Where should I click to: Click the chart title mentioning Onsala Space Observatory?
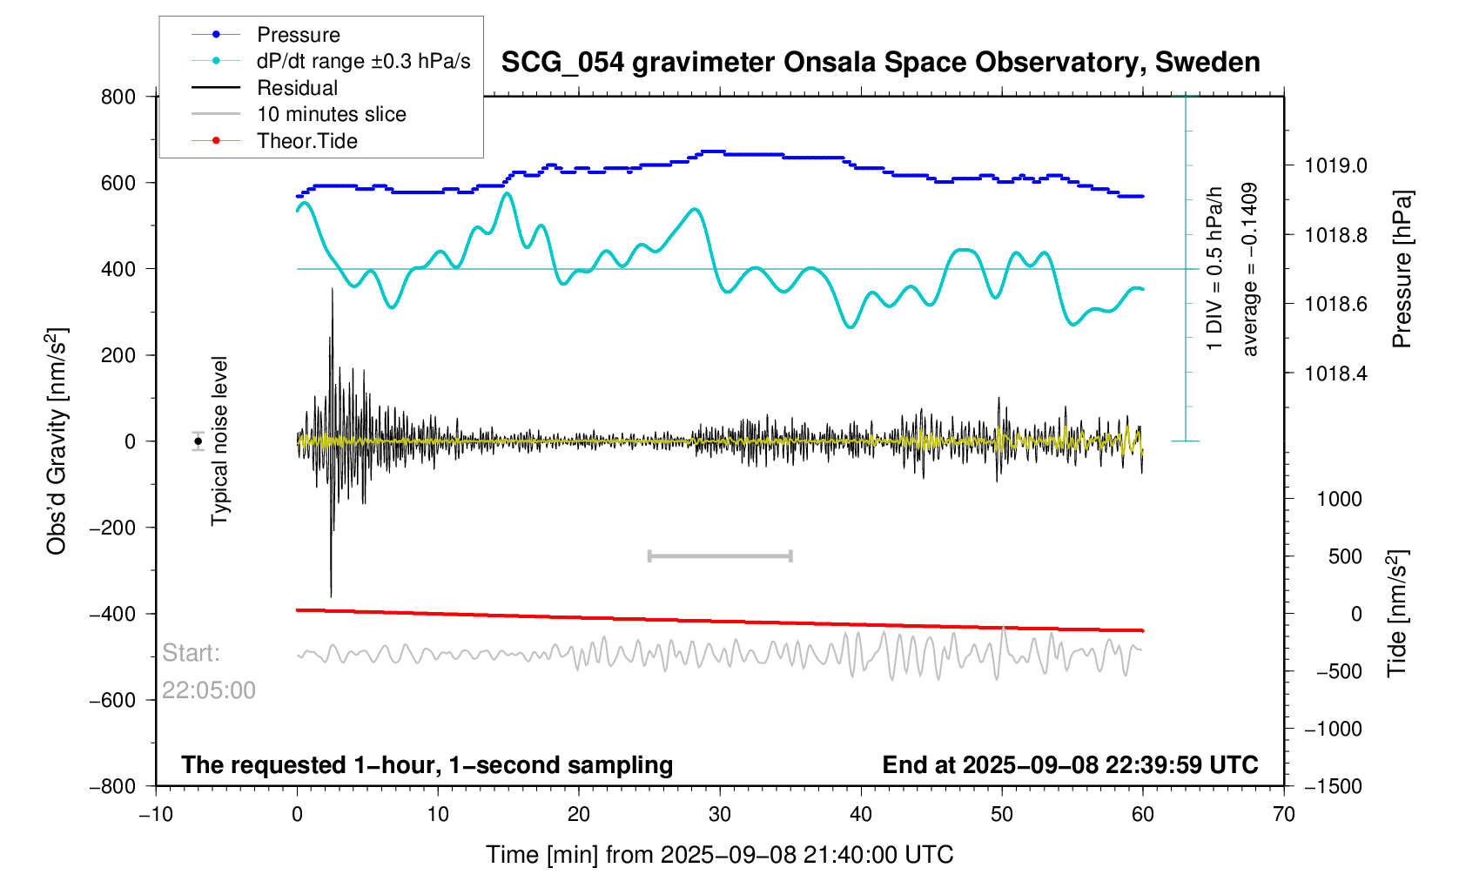click(880, 63)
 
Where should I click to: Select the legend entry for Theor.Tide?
click(306, 141)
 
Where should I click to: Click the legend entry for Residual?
click(297, 88)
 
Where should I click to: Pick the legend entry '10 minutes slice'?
click(331, 114)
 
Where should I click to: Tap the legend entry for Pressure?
click(298, 35)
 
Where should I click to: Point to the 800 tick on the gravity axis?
click(118, 97)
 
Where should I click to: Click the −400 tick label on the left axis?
click(112, 614)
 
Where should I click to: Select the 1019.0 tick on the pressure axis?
click(1335, 165)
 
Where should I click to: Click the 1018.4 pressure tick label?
click(1335, 373)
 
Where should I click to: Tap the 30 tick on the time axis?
click(720, 815)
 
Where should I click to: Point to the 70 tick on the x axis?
click(1284, 815)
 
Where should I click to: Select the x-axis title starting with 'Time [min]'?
click(719, 855)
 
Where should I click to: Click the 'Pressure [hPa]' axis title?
click(1401, 269)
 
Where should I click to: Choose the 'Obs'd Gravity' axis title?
click(57, 441)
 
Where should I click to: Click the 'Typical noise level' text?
click(219, 441)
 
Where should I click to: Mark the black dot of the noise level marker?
click(198, 441)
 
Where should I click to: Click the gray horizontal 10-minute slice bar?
click(720, 555)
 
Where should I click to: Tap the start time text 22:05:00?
click(209, 690)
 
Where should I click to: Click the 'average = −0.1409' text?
click(1250, 269)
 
